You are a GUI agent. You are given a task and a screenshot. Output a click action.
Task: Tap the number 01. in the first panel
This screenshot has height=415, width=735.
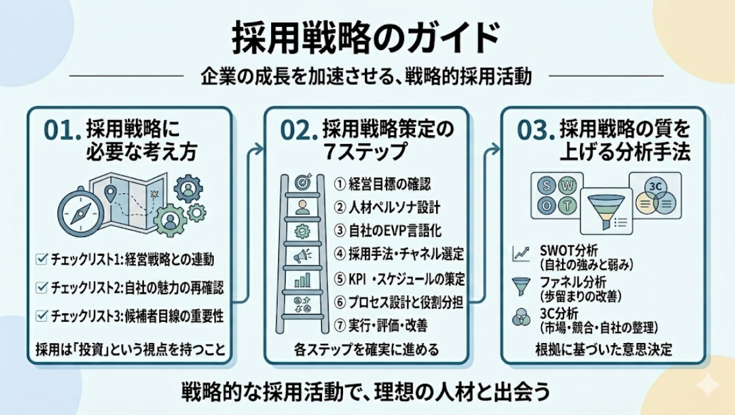pos(60,131)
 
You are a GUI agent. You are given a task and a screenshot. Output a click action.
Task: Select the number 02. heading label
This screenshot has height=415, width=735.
pos(297,131)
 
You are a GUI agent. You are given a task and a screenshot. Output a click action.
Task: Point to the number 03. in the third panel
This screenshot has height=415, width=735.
pos(534,131)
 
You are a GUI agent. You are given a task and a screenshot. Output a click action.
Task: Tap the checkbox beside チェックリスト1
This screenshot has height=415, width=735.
pos(42,259)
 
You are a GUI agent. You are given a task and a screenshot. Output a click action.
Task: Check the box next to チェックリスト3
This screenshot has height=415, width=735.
pos(42,316)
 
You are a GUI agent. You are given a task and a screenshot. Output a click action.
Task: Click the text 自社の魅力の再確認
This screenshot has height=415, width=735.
pos(174,288)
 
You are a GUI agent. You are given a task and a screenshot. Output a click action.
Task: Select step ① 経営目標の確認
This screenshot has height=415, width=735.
pos(382,184)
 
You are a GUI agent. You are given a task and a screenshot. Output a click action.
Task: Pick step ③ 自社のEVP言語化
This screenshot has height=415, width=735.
pos(388,231)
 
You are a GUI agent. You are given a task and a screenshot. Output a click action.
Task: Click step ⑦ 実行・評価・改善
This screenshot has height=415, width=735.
pos(381,325)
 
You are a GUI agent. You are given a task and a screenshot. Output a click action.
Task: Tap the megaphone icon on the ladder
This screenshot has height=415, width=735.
pos(302,256)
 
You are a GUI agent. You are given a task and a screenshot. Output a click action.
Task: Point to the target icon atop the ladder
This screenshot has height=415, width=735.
pos(303,182)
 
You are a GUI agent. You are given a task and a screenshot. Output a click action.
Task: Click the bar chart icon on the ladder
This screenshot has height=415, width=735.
pos(302,280)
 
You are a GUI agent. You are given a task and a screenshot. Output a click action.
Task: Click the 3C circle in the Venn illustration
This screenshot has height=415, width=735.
pos(655,187)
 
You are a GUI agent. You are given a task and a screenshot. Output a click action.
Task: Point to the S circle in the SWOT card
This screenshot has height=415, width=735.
pos(546,185)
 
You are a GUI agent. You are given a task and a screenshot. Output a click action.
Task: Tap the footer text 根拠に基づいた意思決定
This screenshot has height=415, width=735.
pos(603,349)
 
